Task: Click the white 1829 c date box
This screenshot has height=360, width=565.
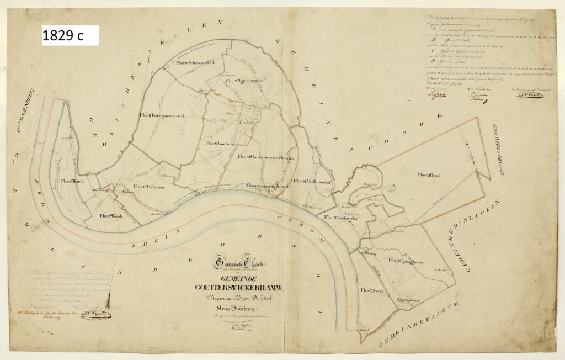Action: pyautogui.click(x=70, y=35)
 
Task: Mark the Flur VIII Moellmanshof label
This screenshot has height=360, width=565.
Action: pyautogui.click(x=312, y=181)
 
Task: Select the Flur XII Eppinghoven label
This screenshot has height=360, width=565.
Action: pyautogui.click(x=405, y=261)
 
